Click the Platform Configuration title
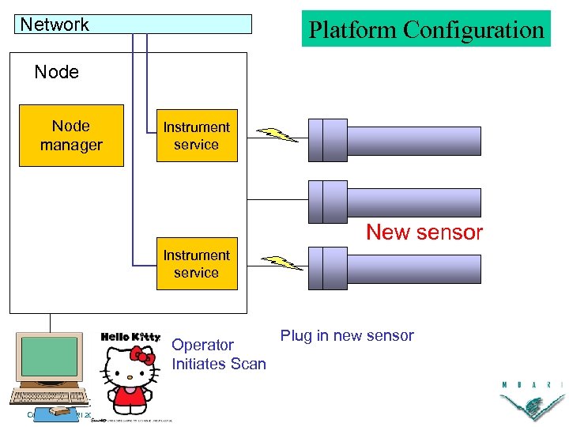click(426, 30)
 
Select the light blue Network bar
click(134, 25)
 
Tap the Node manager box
click(71, 135)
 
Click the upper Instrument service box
click(196, 135)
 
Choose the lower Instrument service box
click(196, 263)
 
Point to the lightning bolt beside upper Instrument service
click(277, 134)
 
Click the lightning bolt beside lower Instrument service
click(281, 263)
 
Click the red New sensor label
click(424, 232)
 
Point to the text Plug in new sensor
click(347, 335)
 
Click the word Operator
click(202, 345)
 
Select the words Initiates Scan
click(219, 364)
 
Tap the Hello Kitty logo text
click(130, 337)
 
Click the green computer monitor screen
click(50, 357)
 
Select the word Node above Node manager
click(57, 72)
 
